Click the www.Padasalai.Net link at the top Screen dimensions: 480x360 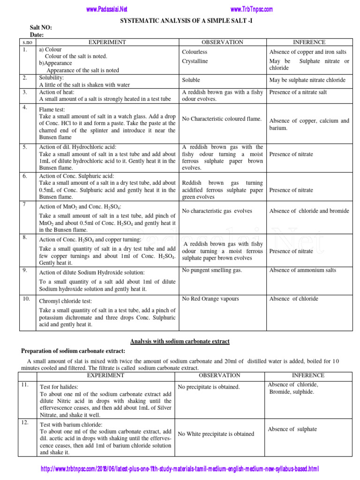(107, 9)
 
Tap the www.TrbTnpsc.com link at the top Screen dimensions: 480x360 (252, 9)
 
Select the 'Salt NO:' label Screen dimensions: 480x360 (41, 28)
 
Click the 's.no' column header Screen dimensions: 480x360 (27, 42)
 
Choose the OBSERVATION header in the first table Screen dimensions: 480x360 (222, 42)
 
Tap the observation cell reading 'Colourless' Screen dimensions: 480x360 (195, 52)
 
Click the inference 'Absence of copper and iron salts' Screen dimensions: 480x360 (308, 52)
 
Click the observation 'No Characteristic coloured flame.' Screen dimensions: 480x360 (221, 119)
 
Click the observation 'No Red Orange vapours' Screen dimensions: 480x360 (210, 299)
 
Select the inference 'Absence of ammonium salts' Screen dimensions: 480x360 (302, 270)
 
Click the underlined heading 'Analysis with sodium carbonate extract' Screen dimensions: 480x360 (180, 341)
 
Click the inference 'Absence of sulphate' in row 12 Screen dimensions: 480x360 (292, 429)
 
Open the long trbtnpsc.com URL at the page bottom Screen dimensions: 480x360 (180, 469)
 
